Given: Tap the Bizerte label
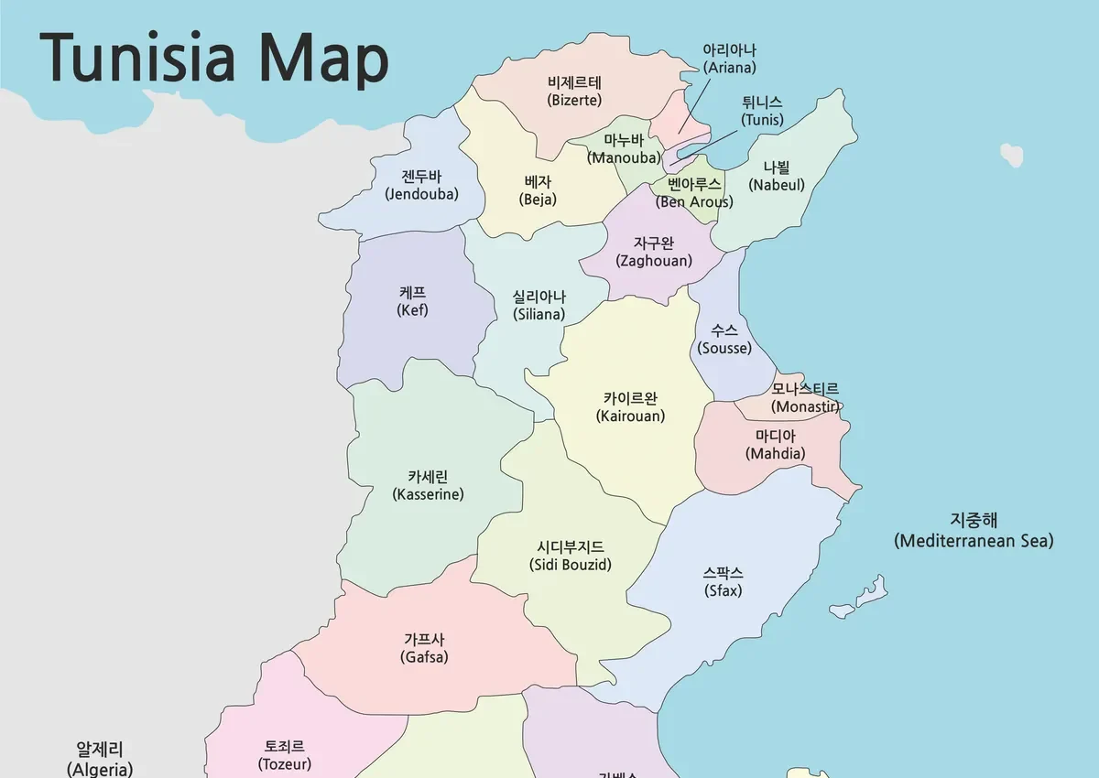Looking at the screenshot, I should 574,92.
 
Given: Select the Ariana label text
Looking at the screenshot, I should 729,59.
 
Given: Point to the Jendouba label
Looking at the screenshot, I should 422,185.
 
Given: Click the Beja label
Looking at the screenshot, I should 538,190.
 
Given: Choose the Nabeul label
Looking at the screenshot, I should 777,176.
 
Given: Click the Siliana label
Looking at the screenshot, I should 539,306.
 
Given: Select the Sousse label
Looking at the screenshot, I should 724,340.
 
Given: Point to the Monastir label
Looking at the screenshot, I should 805,398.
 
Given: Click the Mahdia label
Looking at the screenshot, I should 776,445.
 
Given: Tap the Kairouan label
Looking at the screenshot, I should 630,407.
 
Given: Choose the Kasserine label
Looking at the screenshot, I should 428,485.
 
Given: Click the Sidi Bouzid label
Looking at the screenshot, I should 571,556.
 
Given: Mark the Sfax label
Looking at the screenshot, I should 724,582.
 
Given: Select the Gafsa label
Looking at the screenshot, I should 424,648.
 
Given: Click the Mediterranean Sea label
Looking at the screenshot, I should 973,531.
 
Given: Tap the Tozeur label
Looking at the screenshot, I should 285,755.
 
